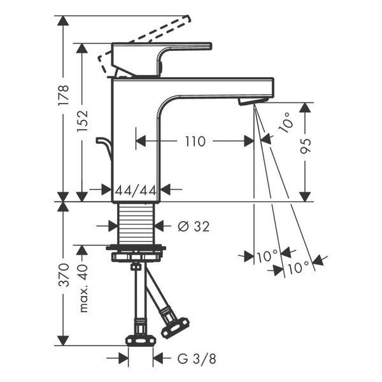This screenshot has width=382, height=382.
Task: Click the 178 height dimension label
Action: [x=63, y=95]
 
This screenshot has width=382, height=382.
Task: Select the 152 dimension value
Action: [x=82, y=121]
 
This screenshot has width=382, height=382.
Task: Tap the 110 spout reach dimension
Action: [x=195, y=141]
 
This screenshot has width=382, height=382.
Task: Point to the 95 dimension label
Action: [x=306, y=146]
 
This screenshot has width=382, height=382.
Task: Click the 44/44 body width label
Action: [x=136, y=190]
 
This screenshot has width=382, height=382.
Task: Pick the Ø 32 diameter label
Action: [x=194, y=226]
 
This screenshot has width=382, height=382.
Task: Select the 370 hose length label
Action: [x=64, y=274]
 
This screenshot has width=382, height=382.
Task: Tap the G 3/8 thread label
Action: [x=197, y=359]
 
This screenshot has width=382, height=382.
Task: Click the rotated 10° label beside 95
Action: [x=286, y=122]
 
